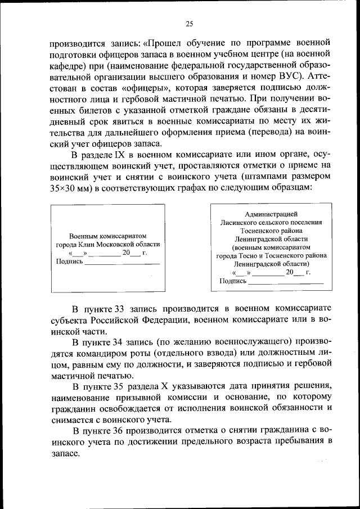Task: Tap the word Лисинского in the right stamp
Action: pyautogui.click(x=242, y=222)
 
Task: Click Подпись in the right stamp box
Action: pyautogui.click(x=233, y=281)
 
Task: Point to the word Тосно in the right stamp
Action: pyautogui.click(x=246, y=255)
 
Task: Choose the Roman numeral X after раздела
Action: pyautogui.click(x=165, y=387)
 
